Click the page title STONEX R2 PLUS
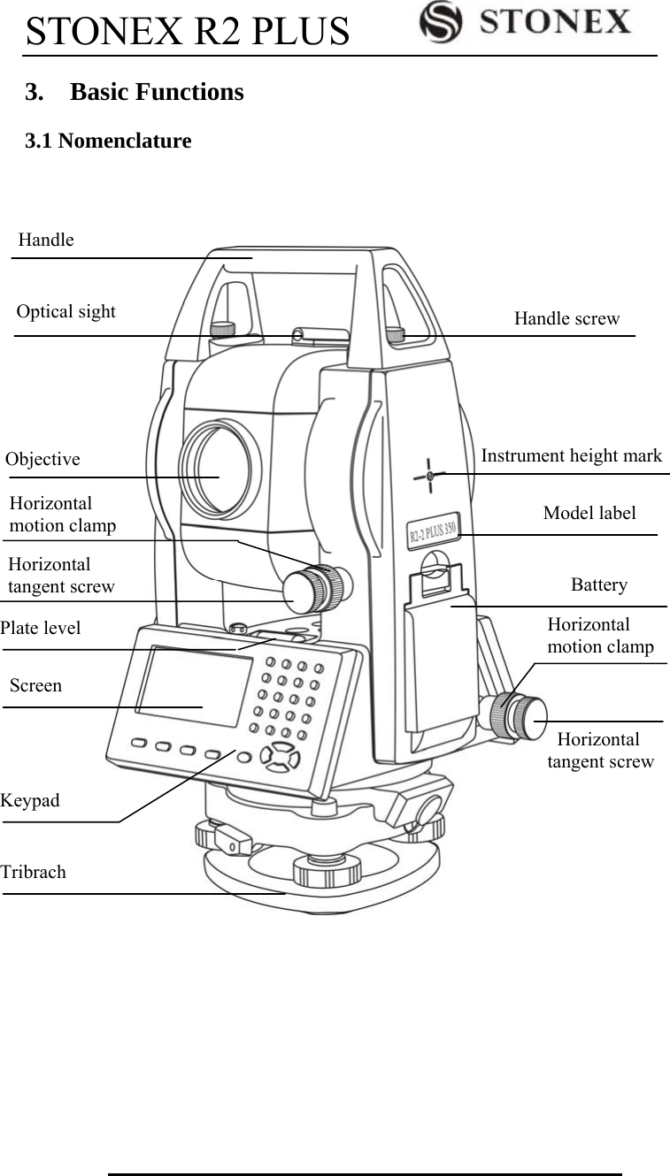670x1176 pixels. (188, 31)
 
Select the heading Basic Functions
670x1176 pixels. (156, 92)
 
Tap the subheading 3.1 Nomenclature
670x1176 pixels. (108, 141)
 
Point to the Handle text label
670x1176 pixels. (46, 240)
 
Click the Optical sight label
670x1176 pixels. (66, 311)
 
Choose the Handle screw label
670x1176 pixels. (566, 318)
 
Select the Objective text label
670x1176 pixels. (42, 459)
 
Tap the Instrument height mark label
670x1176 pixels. (571, 455)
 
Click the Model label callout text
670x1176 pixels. (589, 513)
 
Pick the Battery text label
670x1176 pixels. (598, 584)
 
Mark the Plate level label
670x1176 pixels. (41, 628)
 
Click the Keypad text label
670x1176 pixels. (31, 800)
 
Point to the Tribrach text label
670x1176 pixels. (34, 872)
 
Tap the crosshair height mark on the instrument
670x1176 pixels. (429, 476)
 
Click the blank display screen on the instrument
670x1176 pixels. (195, 685)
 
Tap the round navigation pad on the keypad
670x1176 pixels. (280, 756)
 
